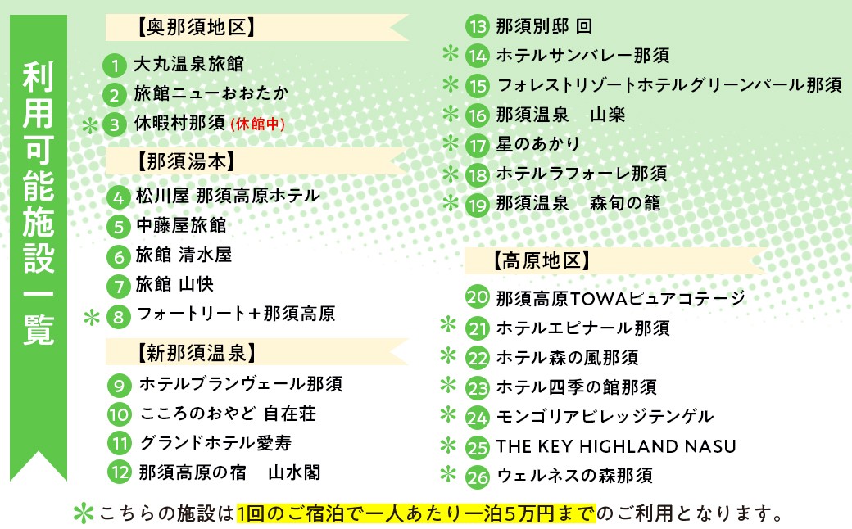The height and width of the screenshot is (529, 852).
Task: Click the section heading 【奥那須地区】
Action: point(196,27)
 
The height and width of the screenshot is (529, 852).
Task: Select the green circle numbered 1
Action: point(115,66)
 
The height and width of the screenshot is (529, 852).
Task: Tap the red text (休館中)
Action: point(257,124)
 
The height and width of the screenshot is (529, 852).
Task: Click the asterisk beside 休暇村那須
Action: point(90,126)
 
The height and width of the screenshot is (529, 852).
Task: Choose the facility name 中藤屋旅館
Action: point(181,225)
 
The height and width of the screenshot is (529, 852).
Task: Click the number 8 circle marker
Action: point(119,317)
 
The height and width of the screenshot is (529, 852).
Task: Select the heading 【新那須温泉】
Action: point(196,354)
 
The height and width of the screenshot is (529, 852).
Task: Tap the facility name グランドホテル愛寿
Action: point(215,443)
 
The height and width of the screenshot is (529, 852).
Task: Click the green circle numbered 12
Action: point(120,472)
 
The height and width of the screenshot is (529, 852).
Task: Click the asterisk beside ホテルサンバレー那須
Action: point(451,53)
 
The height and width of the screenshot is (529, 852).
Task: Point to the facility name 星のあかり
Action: point(538,144)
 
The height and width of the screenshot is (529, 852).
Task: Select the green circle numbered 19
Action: point(478,206)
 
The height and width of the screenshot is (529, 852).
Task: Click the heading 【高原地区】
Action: point(542,260)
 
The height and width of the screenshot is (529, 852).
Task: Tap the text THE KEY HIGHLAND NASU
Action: point(616,446)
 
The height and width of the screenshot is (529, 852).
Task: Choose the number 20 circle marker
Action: point(478,297)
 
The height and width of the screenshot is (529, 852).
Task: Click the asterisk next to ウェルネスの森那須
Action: point(448,473)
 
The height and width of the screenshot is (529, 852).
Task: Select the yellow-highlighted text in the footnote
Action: point(416,513)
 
